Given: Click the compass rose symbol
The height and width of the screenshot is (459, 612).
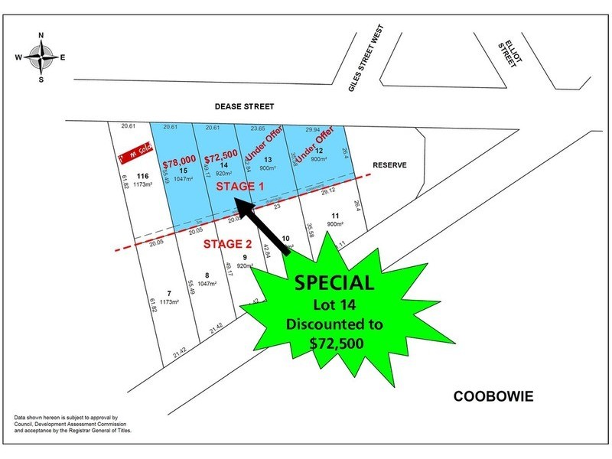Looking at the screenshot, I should (x=39, y=56).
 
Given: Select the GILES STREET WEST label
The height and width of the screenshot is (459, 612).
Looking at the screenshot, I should (x=365, y=57).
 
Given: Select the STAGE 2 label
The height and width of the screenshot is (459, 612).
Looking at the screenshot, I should (x=228, y=244).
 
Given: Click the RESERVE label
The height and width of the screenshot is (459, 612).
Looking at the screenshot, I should (x=389, y=164).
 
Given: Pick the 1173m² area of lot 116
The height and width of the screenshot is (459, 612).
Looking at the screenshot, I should (x=144, y=184).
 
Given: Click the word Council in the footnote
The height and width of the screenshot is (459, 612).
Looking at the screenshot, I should (x=26, y=423).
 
